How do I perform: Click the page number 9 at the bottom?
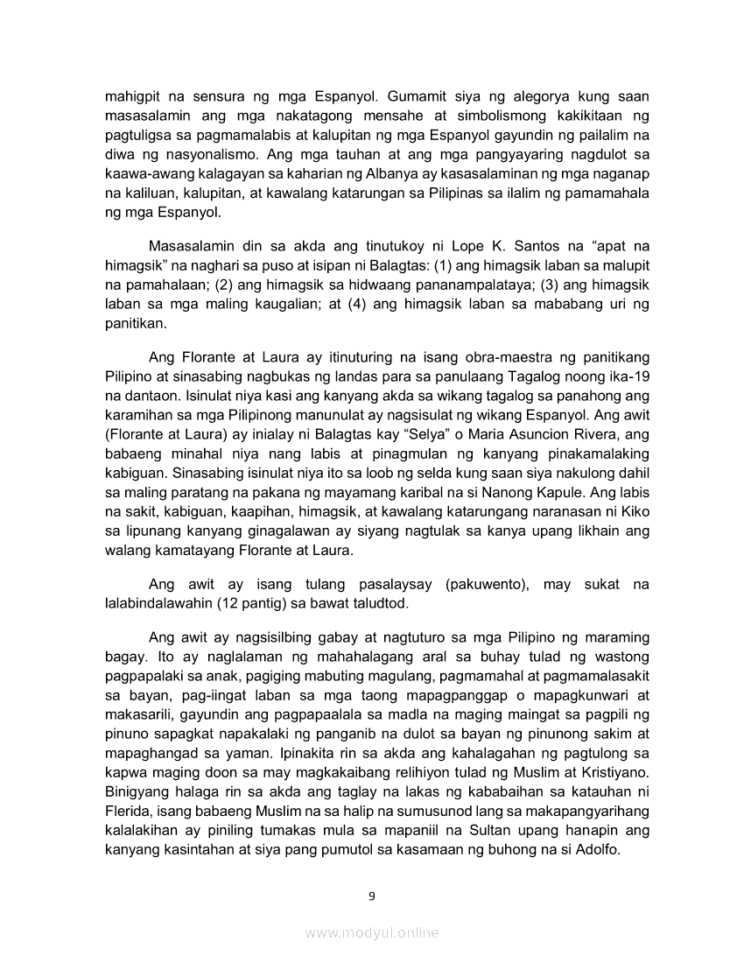click(372, 896)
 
